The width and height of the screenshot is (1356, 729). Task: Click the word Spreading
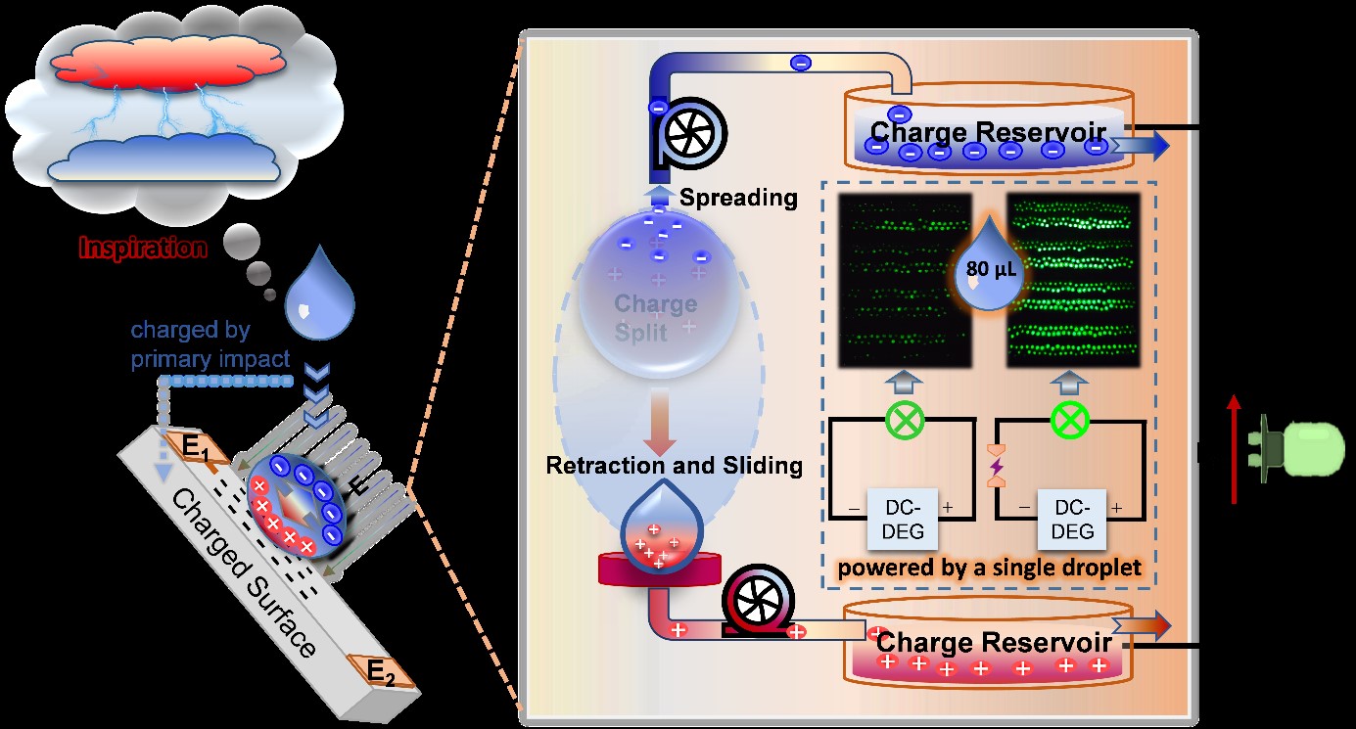pos(738,198)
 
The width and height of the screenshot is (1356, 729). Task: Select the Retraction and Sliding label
pos(675,466)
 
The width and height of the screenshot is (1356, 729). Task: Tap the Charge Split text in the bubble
pos(655,317)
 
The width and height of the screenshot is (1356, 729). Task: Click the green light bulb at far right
pos(1292,449)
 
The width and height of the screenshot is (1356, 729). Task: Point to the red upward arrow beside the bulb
pos(1235,449)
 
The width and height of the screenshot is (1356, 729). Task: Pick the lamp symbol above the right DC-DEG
pos(1069,423)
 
